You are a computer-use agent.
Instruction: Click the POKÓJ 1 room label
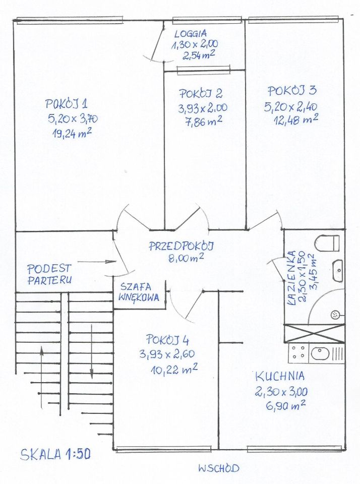[x=67, y=104]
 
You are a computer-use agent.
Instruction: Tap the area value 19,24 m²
[x=71, y=133]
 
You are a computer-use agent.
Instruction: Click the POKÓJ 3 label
[x=292, y=91]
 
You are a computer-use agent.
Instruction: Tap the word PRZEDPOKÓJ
[x=182, y=246]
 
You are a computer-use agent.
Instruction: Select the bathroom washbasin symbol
[x=337, y=271]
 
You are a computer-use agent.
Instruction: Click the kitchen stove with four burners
[x=297, y=353]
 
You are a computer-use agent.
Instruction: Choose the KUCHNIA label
[x=279, y=376]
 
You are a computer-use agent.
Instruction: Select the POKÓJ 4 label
[x=168, y=339]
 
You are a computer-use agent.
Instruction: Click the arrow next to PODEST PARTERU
[x=98, y=262]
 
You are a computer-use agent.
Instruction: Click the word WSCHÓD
[x=218, y=468]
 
